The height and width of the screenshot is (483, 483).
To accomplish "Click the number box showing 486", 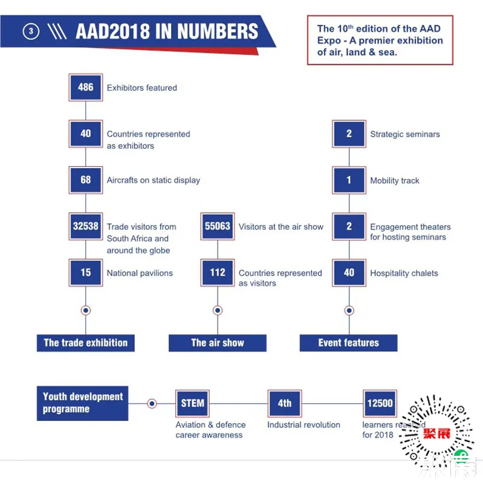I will pyautogui.click(x=86, y=87).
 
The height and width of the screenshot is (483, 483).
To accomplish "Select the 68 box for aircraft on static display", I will pyautogui.click(x=86, y=180).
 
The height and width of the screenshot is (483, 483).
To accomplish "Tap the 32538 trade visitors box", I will pyautogui.click(x=86, y=226).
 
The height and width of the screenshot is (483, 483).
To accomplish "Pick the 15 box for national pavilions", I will pyautogui.click(x=86, y=273).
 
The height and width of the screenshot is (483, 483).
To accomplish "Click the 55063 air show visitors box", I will pyautogui.click(x=218, y=226).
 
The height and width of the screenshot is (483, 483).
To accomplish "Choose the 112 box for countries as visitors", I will pyautogui.click(x=218, y=273).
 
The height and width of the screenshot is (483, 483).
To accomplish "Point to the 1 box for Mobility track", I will pyautogui.click(x=349, y=180).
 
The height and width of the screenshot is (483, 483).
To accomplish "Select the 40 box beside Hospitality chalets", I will pyautogui.click(x=349, y=273).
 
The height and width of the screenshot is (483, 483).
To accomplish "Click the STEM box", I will pyautogui.click(x=192, y=403).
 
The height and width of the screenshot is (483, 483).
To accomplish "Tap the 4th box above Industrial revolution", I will pyautogui.click(x=284, y=403).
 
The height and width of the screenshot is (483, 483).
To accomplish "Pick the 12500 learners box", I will pyautogui.click(x=380, y=403).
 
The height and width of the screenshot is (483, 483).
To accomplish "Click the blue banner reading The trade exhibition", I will pyautogui.click(x=85, y=343).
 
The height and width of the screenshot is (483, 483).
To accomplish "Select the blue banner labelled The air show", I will pyautogui.click(x=218, y=343).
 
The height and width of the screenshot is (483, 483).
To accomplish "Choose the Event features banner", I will pyautogui.click(x=349, y=343).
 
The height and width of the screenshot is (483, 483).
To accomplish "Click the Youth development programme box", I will pyautogui.click(x=83, y=403).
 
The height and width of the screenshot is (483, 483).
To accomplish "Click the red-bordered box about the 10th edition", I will pyautogui.click(x=380, y=41).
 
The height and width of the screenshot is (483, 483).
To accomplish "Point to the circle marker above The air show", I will pyautogui.click(x=218, y=310).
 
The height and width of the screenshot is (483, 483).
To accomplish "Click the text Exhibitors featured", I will pyautogui.click(x=142, y=88).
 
